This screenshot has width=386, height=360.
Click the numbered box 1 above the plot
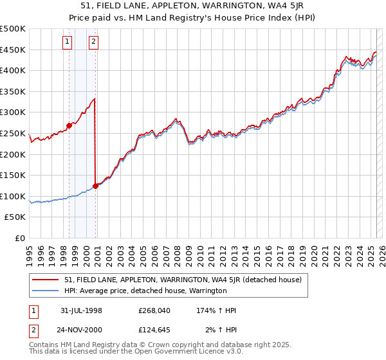click(68, 42)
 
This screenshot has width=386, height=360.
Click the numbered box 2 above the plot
click(93, 42)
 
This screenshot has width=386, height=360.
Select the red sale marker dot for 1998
click(69, 125)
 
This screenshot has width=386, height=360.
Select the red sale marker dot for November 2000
click(95, 186)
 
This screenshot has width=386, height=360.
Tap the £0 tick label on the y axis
click(21, 238)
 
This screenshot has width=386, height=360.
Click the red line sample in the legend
click(46, 280)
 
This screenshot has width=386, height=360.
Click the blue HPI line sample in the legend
click(46, 291)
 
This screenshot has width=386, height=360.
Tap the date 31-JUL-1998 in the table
click(81, 310)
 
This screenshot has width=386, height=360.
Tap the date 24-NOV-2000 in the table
click(81, 331)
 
